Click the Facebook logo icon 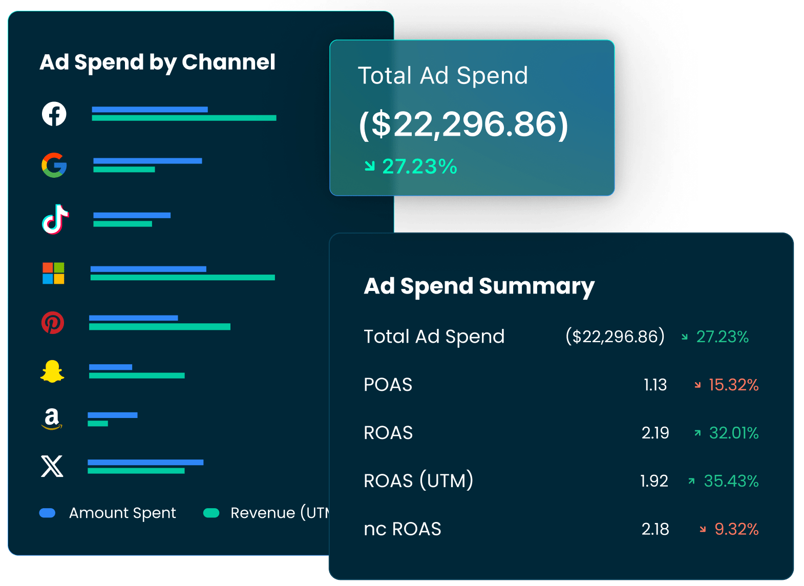54,114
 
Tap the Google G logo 54,165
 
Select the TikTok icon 55,219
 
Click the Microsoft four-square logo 53,273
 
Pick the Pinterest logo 53,323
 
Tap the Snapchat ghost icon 52,371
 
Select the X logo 52,466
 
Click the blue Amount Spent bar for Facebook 150,110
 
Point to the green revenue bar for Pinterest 159,327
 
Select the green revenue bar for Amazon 98,424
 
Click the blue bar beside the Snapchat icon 111,367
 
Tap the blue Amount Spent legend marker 47,513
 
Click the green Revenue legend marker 211,513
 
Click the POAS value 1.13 655,385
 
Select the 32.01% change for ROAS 733,433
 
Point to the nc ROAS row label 402,529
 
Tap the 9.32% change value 736,529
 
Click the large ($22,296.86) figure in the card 463,124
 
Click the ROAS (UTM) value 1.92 654,481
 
